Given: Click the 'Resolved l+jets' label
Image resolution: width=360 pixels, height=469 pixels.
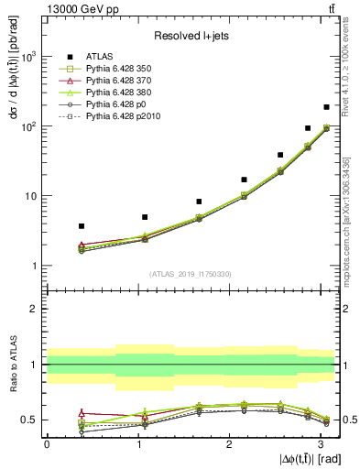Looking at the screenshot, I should (189, 36).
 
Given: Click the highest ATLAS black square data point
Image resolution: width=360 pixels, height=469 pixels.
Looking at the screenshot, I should (326, 107).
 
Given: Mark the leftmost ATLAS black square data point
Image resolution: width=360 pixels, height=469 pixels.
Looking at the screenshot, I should (82, 225).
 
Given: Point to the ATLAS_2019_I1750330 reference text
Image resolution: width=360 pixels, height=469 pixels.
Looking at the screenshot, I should (191, 274).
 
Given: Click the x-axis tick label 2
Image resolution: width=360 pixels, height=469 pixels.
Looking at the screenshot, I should (229, 443).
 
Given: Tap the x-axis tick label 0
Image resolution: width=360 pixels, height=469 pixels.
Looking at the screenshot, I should (47, 443).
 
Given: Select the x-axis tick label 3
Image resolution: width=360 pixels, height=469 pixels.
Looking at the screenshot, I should (320, 443).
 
